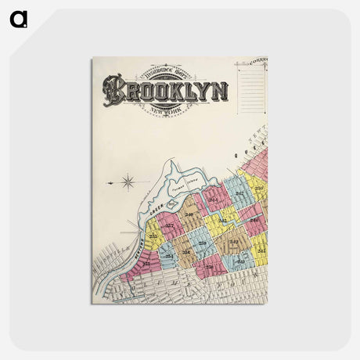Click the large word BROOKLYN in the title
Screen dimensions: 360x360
pos(167,90)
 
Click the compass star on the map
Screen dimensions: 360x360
pos(128,183)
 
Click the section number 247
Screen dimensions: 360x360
pos(240,193)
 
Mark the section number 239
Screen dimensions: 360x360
pos(202,244)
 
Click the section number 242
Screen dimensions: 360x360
pos(233,243)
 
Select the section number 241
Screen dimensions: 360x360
pos(241,261)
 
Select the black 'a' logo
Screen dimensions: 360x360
pos(18,18)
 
